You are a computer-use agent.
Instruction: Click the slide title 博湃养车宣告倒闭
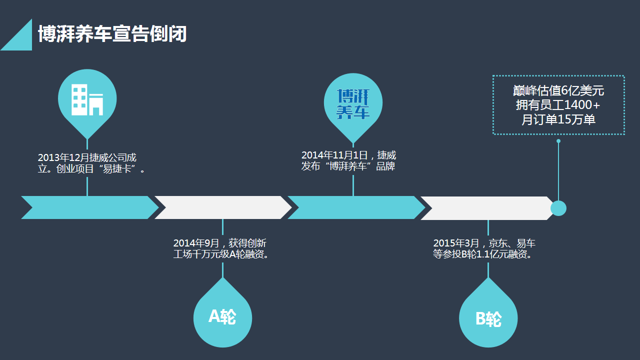pos(112,34)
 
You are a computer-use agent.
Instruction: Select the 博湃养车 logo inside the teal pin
pos(353,104)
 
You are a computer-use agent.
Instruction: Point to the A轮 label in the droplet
pos(222,316)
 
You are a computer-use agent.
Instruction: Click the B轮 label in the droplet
pos(488,319)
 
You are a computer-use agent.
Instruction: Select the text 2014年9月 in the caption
pos(196,243)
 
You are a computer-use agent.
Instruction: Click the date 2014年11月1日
pos(334,155)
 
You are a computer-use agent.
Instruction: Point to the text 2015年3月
pos(456,243)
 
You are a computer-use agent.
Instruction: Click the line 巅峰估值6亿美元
pos(558,91)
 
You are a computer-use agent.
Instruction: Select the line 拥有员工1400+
pos(558,105)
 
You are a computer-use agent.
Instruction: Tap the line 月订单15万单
pos(558,120)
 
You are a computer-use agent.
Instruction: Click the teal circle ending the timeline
pos(558,208)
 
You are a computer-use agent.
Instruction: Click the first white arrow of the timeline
pos(223,207)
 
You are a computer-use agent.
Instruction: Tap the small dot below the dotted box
pos(558,141)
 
